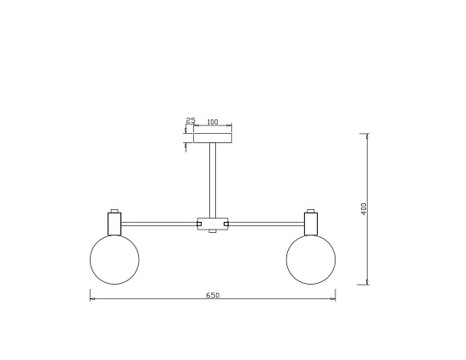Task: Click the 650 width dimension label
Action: (213, 296)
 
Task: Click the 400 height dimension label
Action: (364, 209)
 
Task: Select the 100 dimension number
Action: (212, 122)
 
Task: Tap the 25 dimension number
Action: (191, 120)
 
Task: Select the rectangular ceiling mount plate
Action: (213, 138)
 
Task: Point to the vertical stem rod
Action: (213, 180)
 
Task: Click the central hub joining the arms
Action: (213, 224)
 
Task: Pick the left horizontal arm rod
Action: (159, 224)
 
